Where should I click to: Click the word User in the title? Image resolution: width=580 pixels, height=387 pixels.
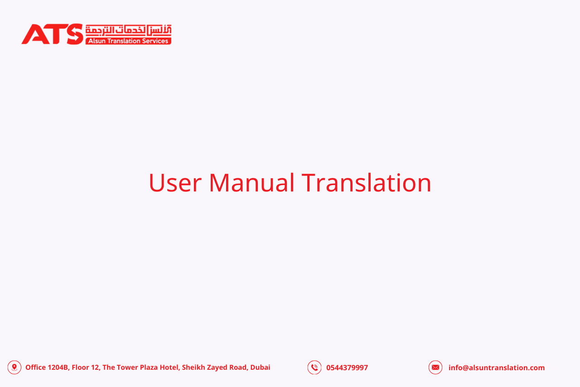click(x=175, y=183)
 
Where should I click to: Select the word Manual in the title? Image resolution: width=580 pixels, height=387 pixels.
click(x=251, y=182)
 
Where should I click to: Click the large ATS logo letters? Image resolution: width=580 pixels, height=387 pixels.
click(x=52, y=34)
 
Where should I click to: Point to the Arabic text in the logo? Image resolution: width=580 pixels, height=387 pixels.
click(x=128, y=30)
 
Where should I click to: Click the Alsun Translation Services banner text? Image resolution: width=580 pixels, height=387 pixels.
click(x=128, y=41)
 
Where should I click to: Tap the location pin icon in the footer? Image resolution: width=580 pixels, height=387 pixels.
click(x=14, y=367)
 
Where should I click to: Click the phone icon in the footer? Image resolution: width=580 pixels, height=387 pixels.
click(x=314, y=367)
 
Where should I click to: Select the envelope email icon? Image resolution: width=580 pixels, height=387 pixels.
click(x=435, y=367)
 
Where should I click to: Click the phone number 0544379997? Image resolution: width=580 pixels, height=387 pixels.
click(x=347, y=367)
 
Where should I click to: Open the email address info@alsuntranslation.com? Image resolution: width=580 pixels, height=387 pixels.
click(x=497, y=367)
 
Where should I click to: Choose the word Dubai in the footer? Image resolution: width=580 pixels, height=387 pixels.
click(x=260, y=367)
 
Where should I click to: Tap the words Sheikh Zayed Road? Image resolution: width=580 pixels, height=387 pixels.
click(x=214, y=367)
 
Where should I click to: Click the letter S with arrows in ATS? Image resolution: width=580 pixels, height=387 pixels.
click(x=75, y=34)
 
